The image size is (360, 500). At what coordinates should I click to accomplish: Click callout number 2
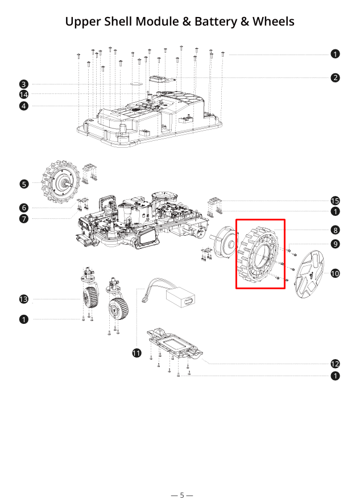pyautogui.click(x=336, y=77)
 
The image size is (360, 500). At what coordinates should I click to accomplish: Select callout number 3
pyautogui.click(x=24, y=84)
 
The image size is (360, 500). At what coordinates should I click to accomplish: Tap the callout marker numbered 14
pyautogui.click(x=24, y=94)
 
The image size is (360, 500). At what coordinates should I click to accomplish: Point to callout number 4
pyautogui.click(x=24, y=106)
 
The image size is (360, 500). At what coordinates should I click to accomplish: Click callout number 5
pyautogui.click(x=24, y=184)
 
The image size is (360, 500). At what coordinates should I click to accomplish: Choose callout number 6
pyautogui.click(x=24, y=208)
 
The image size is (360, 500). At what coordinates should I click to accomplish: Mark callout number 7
pyautogui.click(x=24, y=219)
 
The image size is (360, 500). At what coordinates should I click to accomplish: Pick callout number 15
pyautogui.click(x=336, y=201)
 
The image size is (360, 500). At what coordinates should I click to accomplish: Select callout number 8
pyautogui.click(x=336, y=230)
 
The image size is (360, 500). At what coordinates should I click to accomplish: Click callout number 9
pyautogui.click(x=336, y=244)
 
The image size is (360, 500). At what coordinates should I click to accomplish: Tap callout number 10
pyautogui.click(x=336, y=273)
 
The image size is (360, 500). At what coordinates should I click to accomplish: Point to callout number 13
pyautogui.click(x=24, y=299)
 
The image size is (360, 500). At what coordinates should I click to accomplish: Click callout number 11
pyautogui.click(x=136, y=353)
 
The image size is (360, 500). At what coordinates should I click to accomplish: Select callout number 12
pyautogui.click(x=336, y=364)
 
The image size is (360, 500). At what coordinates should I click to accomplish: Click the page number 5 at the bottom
pyautogui.click(x=182, y=495)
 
